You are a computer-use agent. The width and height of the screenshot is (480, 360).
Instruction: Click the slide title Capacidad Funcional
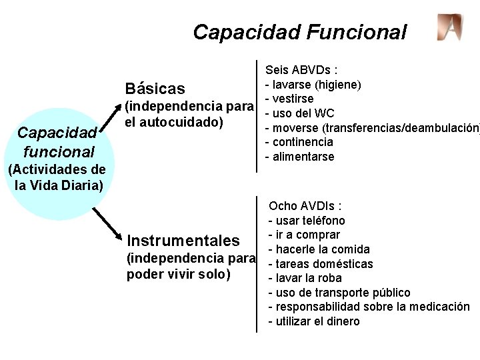pos(299,31)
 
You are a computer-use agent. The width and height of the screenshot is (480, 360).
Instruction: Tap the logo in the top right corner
pos(449,27)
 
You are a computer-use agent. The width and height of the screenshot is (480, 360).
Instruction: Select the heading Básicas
pos(165,89)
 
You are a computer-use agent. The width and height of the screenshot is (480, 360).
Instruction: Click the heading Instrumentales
pos(183,240)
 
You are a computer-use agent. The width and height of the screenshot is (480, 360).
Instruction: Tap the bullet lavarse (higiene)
pos(313,85)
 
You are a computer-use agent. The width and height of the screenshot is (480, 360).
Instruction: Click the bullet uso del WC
pos(300,113)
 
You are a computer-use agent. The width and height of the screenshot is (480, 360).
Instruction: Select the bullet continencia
pos(299,141)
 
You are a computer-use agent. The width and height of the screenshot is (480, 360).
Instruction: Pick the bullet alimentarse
pos(300,156)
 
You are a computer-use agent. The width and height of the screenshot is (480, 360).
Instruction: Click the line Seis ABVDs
pos(301,70)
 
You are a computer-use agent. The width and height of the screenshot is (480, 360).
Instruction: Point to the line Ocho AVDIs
pos(305,206)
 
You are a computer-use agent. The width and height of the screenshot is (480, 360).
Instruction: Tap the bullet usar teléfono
pos(307,220)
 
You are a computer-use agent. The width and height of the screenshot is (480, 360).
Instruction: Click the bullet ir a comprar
pos(304,235)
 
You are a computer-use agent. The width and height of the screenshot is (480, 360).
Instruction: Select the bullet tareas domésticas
pos(320,264)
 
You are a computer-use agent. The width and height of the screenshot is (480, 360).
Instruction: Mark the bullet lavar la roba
pos(305,278)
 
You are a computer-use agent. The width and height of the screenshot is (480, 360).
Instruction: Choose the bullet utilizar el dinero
pos(313,321)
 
